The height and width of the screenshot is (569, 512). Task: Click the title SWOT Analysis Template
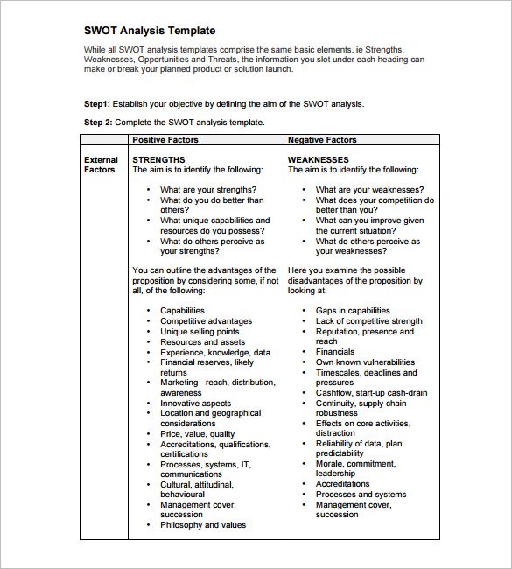click(150, 31)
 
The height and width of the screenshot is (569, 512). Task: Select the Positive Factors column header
click(165, 140)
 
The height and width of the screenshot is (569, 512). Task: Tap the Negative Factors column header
click(322, 140)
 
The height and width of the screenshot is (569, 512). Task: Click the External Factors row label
click(101, 165)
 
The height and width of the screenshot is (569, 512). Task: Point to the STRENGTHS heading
click(158, 160)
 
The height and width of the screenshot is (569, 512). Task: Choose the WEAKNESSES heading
click(319, 160)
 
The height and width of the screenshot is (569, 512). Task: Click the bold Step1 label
click(97, 103)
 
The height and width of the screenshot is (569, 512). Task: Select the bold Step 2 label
click(99, 123)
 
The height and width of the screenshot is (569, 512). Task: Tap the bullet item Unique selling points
click(200, 332)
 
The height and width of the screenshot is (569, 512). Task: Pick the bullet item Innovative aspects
click(196, 403)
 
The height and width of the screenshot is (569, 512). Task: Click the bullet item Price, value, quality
click(197, 433)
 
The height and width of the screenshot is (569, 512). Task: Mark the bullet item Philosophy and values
click(203, 525)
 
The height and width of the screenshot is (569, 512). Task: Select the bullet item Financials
click(335, 352)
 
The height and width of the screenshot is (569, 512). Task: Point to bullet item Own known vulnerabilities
click(365, 362)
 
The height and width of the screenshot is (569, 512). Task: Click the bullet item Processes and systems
click(361, 495)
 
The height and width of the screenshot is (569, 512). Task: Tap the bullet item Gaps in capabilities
click(353, 311)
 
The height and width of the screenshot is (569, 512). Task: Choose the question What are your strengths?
click(208, 189)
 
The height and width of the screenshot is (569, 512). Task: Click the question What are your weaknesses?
click(369, 189)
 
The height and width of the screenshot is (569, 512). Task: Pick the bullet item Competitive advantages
click(206, 321)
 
